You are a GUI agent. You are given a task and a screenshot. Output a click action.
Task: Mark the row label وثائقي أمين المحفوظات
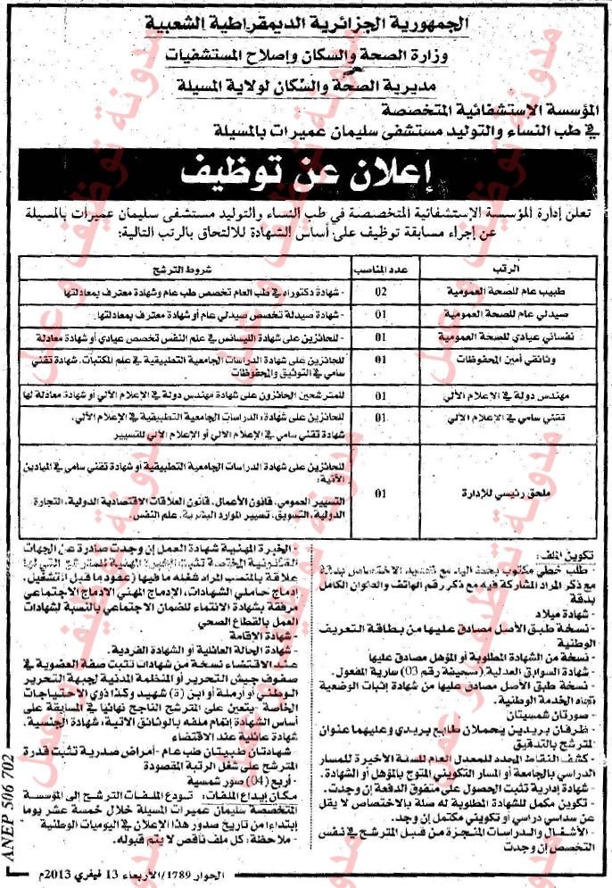(501, 361)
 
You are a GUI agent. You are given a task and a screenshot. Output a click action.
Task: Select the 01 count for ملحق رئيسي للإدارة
(381, 492)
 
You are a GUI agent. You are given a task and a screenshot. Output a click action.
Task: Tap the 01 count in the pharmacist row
(381, 315)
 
